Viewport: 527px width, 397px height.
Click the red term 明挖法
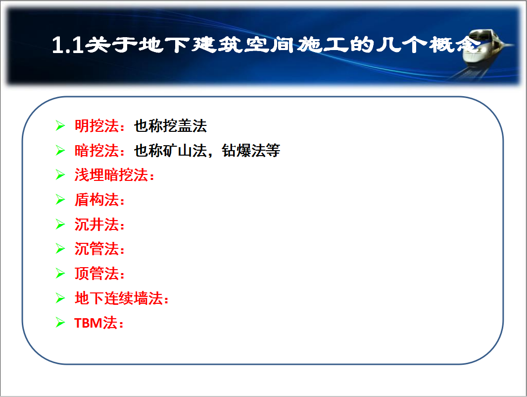tap(96, 126)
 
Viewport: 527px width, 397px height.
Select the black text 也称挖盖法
tap(170, 126)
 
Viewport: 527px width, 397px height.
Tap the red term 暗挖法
tap(96, 151)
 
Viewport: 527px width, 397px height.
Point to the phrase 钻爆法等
tap(251, 151)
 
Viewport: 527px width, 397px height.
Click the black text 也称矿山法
tap(170, 151)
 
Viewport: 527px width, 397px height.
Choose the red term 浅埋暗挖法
tap(111, 175)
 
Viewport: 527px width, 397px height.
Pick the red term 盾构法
tap(96, 200)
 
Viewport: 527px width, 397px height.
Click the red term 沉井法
tap(96, 224)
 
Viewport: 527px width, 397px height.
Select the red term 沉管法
tap(96, 249)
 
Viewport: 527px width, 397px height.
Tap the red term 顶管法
tap(96, 274)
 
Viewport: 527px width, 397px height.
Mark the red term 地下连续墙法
tap(119, 298)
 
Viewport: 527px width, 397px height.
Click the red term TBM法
tap(96, 323)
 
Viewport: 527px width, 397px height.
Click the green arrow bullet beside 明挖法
tap(60, 125)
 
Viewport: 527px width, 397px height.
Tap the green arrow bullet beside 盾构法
tap(60, 199)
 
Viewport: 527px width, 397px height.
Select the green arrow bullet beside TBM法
tap(60, 323)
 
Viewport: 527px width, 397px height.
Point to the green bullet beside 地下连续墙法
tap(60, 298)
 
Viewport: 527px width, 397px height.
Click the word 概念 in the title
tap(455, 45)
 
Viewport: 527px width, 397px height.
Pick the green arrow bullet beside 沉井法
tap(60, 224)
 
